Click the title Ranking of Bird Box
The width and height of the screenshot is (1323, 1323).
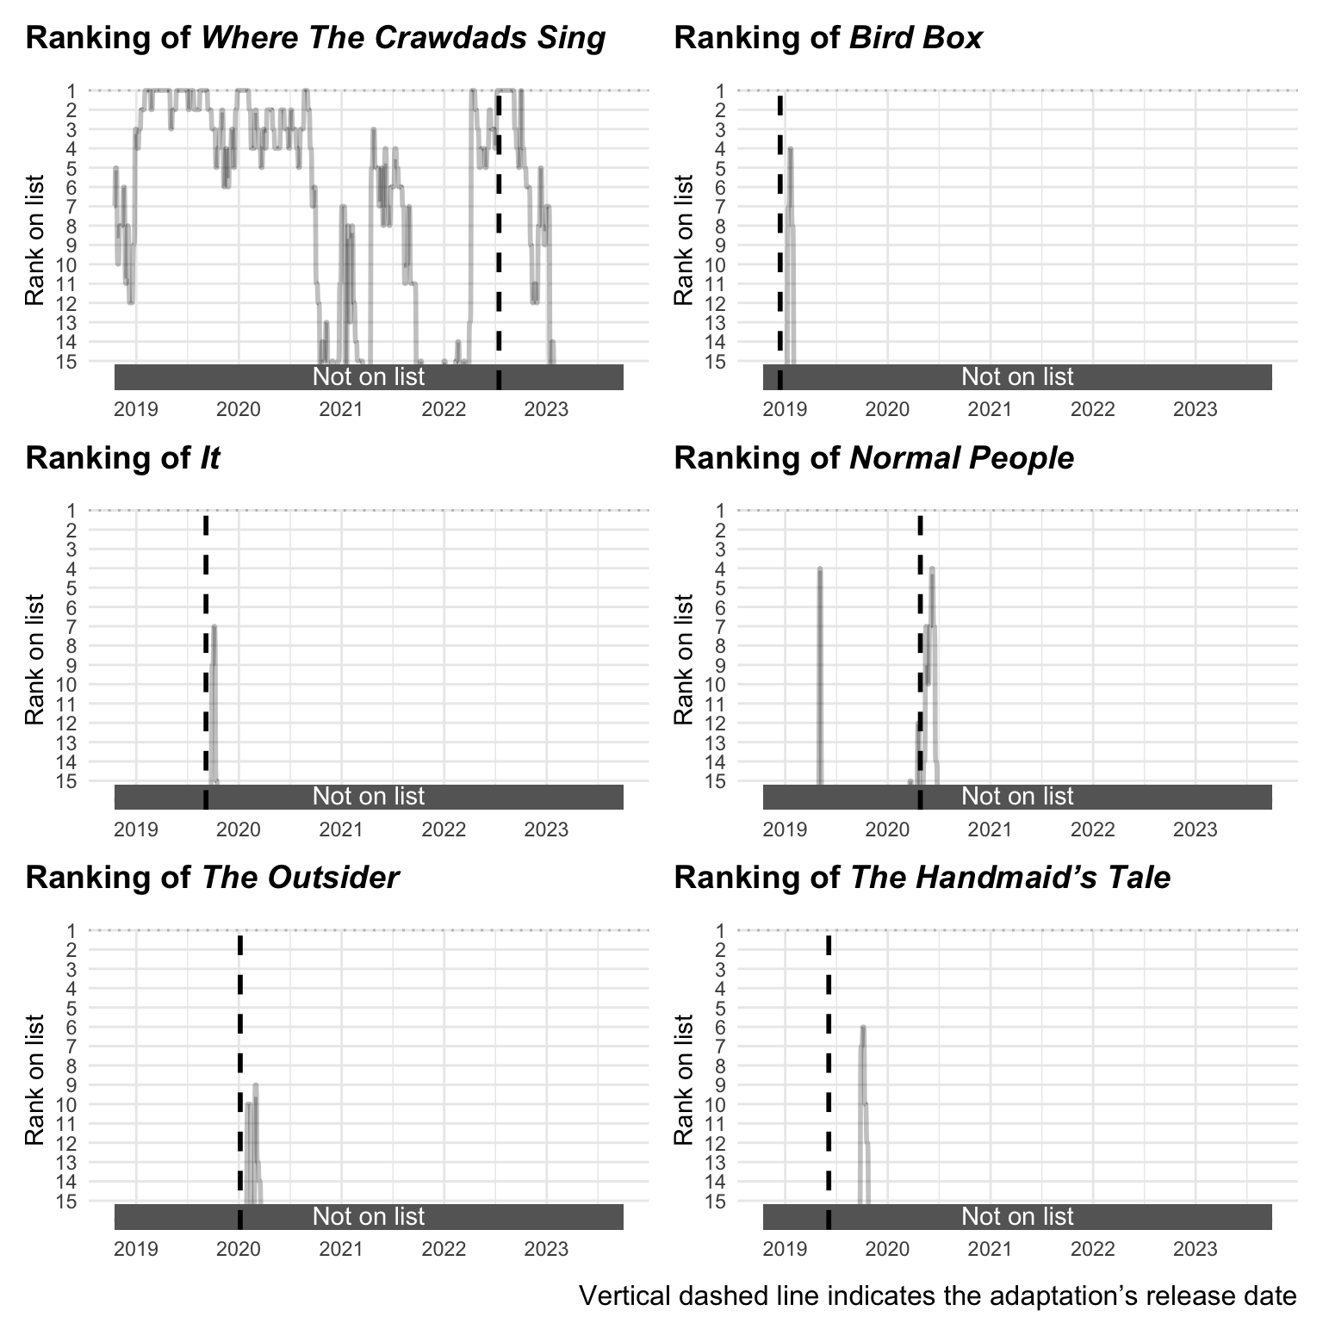coord(828,38)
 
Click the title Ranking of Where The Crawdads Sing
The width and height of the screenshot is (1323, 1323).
coord(315,38)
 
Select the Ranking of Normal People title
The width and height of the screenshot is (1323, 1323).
coord(873,458)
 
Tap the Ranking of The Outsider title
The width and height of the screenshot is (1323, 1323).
coord(212,878)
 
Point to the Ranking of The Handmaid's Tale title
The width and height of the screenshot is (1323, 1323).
coord(922,878)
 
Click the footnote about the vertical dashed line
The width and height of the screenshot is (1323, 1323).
coord(937,1295)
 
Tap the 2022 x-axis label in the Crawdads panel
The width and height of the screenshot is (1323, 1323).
coord(444,408)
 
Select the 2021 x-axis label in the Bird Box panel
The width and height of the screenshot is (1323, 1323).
coord(990,408)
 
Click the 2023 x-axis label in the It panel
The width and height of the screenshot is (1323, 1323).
coord(546,829)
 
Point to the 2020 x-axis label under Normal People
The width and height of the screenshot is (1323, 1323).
coord(887,829)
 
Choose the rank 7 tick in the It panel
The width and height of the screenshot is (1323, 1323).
coord(71,626)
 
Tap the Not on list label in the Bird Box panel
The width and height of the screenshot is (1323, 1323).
coord(1017,376)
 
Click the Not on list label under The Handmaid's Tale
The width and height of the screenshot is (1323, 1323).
coord(1017,1216)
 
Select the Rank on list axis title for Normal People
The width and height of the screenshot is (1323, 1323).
coord(684,659)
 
